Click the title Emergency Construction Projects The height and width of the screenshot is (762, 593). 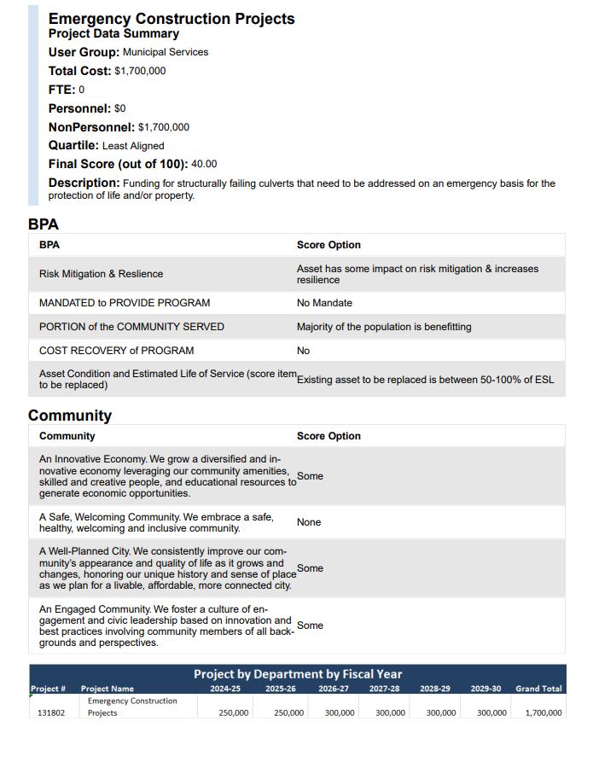[172, 19]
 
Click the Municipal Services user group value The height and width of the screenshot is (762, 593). [166, 52]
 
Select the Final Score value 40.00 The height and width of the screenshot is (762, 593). [204, 164]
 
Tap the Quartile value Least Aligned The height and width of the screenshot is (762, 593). [133, 146]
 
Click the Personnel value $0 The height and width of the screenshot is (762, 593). [119, 108]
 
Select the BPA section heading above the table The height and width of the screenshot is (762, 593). [44, 224]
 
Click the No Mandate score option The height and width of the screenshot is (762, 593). [324, 303]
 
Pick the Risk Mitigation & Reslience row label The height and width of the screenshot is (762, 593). [101, 274]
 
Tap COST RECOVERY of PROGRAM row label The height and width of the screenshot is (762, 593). [116, 351]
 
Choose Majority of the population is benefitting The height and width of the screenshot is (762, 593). [384, 327]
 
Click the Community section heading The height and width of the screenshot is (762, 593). [70, 416]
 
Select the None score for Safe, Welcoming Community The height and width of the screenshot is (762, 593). [309, 522]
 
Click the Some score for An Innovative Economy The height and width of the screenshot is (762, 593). [310, 476]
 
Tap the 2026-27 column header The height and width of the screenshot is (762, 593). [333, 689]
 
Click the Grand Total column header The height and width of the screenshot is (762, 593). [538, 689]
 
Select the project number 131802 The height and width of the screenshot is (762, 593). [51, 713]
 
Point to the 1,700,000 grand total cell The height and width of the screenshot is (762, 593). [543, 713]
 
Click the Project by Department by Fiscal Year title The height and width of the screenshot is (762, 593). [297, 674]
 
